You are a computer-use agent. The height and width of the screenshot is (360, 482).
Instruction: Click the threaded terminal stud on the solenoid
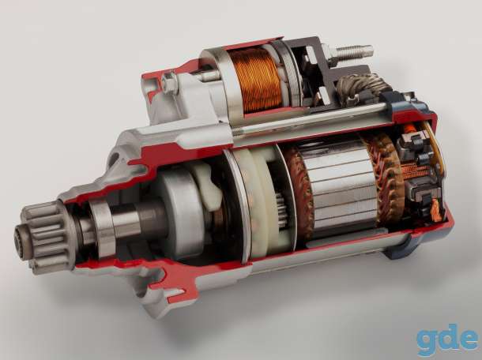[353, 52]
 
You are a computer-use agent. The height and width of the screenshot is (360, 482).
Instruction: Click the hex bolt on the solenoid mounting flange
[169, 82]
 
